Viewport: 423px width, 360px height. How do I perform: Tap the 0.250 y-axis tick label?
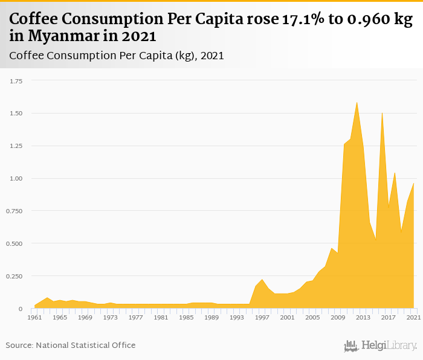(13, 276)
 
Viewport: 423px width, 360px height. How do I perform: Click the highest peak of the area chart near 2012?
(357, 102)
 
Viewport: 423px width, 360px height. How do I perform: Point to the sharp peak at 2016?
(382, 113)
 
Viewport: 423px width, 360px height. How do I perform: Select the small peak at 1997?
(262, 280)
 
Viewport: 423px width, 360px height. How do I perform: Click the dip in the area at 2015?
(376, 240)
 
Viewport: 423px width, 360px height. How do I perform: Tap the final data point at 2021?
(414, 183)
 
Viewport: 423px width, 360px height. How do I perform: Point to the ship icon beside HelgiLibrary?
(351, 346)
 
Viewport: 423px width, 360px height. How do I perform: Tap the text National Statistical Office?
(86, 345)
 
